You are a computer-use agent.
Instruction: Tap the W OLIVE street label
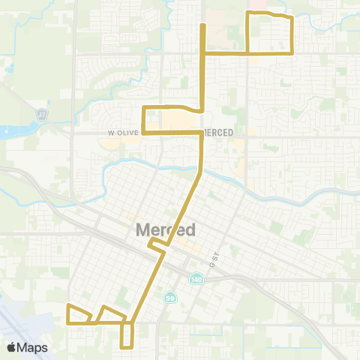point(120,132)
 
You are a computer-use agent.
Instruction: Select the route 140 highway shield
point(195,277)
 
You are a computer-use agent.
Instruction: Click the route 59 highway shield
point(171,298)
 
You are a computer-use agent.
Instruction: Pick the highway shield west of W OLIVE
point(42,115)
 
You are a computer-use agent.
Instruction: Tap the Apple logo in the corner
point(11,347)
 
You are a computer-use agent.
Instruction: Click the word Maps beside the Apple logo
point(33,347)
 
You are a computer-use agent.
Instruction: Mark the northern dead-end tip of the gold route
point(202,26)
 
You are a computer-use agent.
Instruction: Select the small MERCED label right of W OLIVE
point(217,132)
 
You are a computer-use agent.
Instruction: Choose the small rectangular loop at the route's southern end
point(127,335)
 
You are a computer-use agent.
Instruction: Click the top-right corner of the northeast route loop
point(289,17)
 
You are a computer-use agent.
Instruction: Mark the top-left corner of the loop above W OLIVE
point(143,108)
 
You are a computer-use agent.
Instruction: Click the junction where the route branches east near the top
point(202,53)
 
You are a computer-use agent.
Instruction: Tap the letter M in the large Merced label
point(142,229)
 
